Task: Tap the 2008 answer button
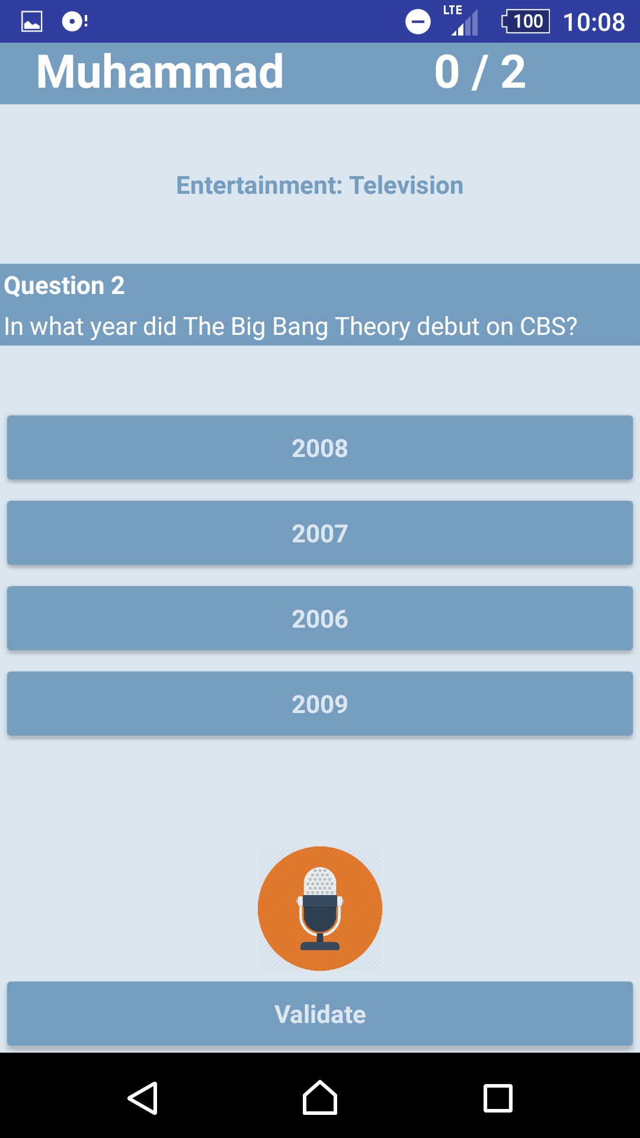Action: (320, 447)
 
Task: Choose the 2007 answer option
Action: (320, 533)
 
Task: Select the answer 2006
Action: (320, 618)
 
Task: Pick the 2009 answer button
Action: (320, 704)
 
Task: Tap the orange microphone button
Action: (320, 908)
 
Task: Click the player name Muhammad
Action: (160, 72)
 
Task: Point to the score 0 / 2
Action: (480, 72)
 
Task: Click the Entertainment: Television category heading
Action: (320, 186)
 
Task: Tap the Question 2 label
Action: (64, 286)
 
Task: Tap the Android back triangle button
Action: (143, 1098)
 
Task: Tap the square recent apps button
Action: (498, 1098)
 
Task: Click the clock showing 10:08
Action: (594, 22)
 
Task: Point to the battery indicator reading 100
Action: (526, 21)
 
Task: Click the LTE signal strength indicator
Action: (462, 20)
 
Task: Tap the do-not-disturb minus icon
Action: (418, 22)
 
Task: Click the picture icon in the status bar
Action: (32, 22)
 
